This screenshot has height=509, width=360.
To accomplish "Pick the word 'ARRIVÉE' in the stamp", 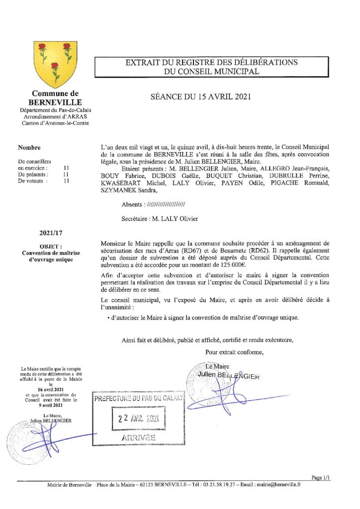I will [x=138, y=437].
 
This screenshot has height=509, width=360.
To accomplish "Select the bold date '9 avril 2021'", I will [x=51, y=406].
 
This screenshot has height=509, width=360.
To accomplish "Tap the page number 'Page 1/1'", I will [x=321, y=477].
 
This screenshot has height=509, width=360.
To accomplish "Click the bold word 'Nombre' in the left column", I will [x=29, y=148].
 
